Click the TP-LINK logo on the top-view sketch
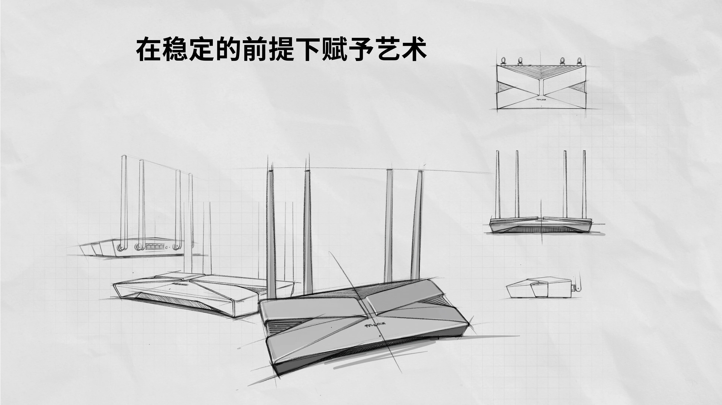(541, 100)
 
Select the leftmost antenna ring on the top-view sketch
(503, 60)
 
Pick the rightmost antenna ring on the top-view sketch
(579, 60)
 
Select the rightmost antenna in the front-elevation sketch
(584, 185)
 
